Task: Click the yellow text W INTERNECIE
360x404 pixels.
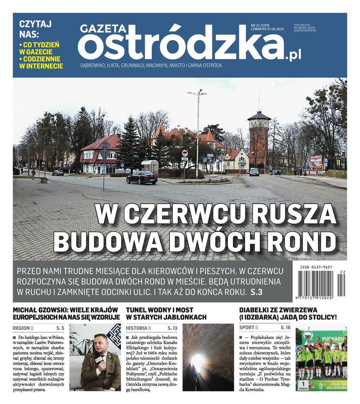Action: (41, 66)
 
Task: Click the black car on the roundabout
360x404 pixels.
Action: (142, 177)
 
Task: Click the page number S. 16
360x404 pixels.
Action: (285, 328)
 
